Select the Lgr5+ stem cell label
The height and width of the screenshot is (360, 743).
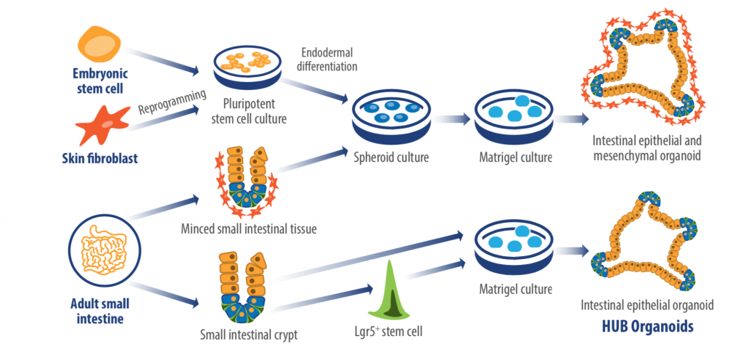tap(393, 331)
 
